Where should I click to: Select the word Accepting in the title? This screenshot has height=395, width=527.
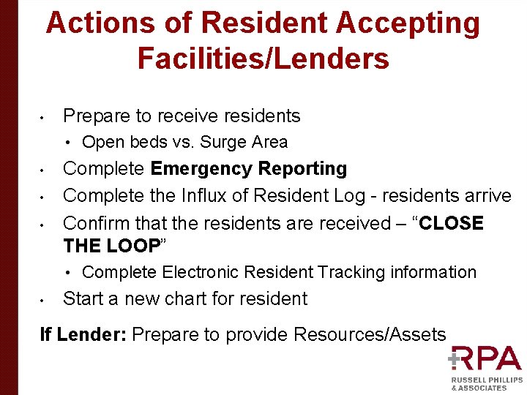[x=408, y=23]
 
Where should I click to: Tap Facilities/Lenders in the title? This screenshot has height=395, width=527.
[x=263, y=59]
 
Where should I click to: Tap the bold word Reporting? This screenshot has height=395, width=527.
[x=303, y=169]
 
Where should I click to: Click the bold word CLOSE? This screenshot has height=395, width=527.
[x=448, y=223]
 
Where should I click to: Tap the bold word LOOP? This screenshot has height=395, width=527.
[x=133, y=246]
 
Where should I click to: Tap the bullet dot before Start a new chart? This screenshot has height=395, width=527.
[x=44, y=300]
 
